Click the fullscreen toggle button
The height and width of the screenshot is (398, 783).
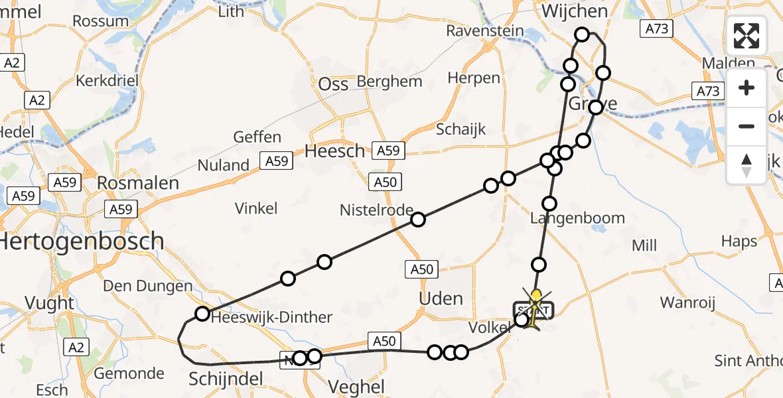coord(747,35)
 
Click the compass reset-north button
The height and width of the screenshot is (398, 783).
coord(747,165)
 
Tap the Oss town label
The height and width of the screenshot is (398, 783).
coord(333,84)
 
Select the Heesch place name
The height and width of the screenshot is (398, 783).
coord(334,151)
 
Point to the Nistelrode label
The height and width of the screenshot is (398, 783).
coord(376,210)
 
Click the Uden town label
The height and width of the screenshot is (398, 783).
coord(441,298)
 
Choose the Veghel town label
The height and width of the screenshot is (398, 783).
coord(356,387)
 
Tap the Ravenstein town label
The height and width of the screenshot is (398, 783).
coord(485,31)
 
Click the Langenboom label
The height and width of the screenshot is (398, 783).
coord(577,218)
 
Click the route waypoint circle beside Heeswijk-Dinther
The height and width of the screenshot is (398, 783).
coord(202,313)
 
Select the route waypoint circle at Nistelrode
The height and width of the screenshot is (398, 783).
coord(418,220)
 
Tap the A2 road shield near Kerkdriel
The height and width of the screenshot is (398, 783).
coord(36,100)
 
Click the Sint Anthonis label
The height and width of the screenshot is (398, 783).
coord(748,361)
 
